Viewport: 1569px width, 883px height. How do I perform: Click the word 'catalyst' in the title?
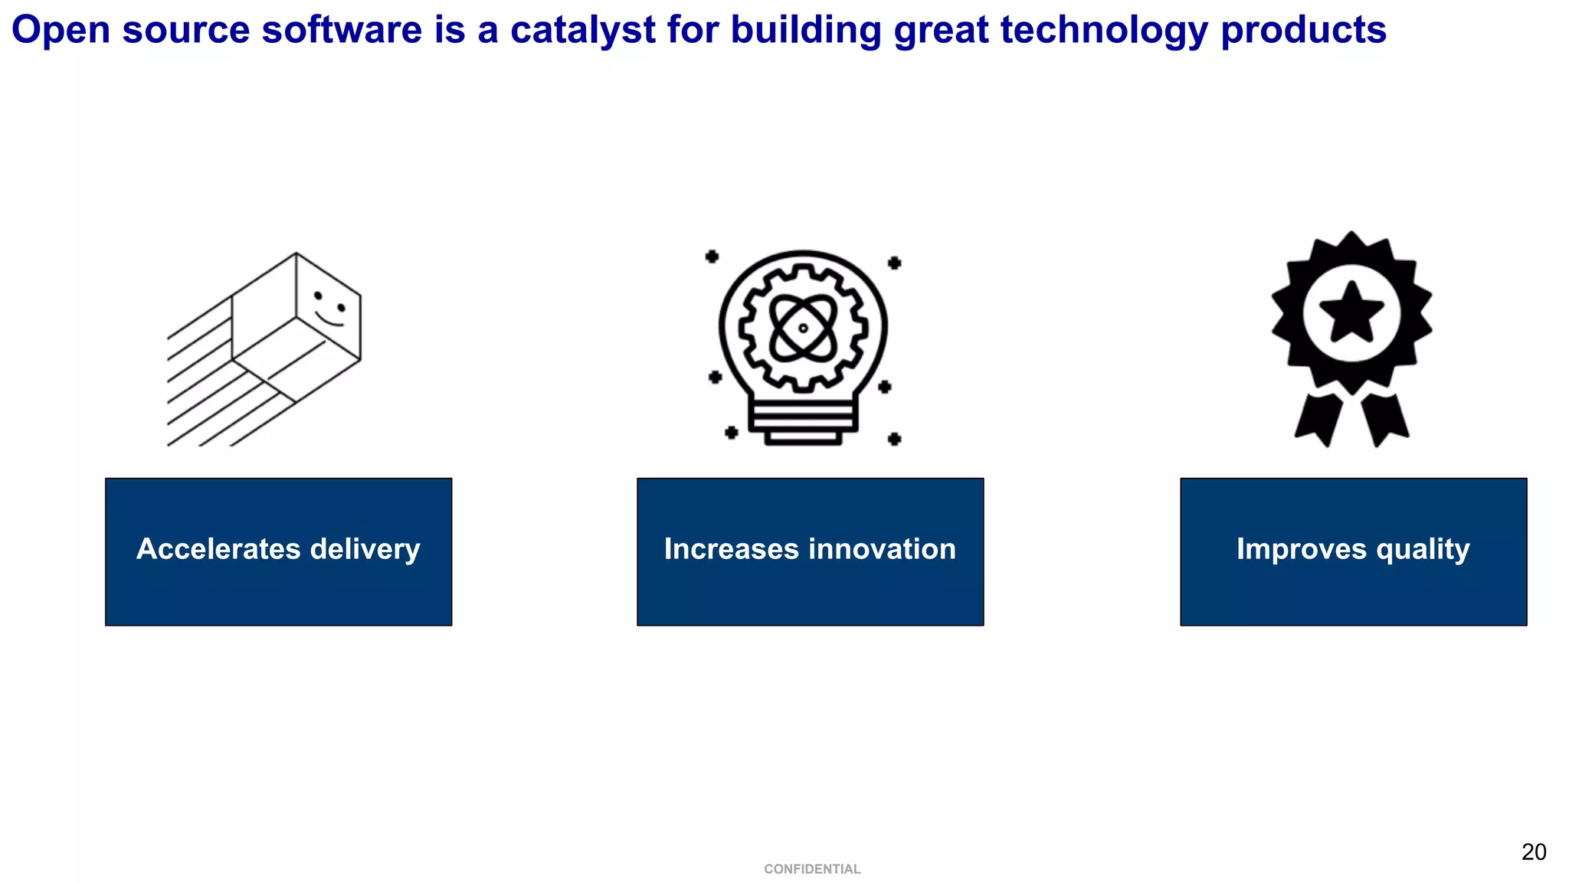582,31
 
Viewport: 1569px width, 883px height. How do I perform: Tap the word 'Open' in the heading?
61,31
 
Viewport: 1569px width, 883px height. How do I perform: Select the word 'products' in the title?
1303,31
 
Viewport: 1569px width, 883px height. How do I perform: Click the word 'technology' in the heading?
1104,31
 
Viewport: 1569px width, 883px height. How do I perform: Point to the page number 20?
1534,852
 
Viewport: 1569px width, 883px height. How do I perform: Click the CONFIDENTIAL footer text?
812,869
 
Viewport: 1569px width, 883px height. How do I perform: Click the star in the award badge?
1351,312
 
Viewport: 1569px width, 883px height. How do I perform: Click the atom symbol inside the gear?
803,328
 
